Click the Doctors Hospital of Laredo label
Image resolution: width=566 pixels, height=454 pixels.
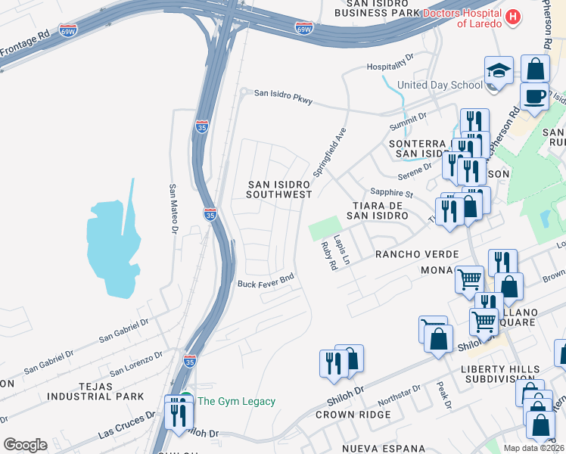(x=462, y=18)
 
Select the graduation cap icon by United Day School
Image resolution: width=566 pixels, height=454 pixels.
(x=499, y=71)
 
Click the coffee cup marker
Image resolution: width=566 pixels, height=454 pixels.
(x=535, y=97)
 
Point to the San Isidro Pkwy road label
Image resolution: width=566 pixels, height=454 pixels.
(x=283, y=95)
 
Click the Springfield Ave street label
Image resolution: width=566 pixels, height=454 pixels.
(x=330, y=151)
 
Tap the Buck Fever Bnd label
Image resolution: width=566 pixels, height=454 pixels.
(x=265, y=283)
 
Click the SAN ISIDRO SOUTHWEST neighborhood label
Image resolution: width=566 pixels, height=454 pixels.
(x=279, y=189)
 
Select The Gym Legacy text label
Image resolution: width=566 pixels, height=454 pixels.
(x=236, y=401)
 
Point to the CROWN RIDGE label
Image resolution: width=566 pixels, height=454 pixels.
(x=353, y=415)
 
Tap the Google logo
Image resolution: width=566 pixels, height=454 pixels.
(x=25, y=445)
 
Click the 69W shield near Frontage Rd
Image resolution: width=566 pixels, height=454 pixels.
(x=68, y=31)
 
